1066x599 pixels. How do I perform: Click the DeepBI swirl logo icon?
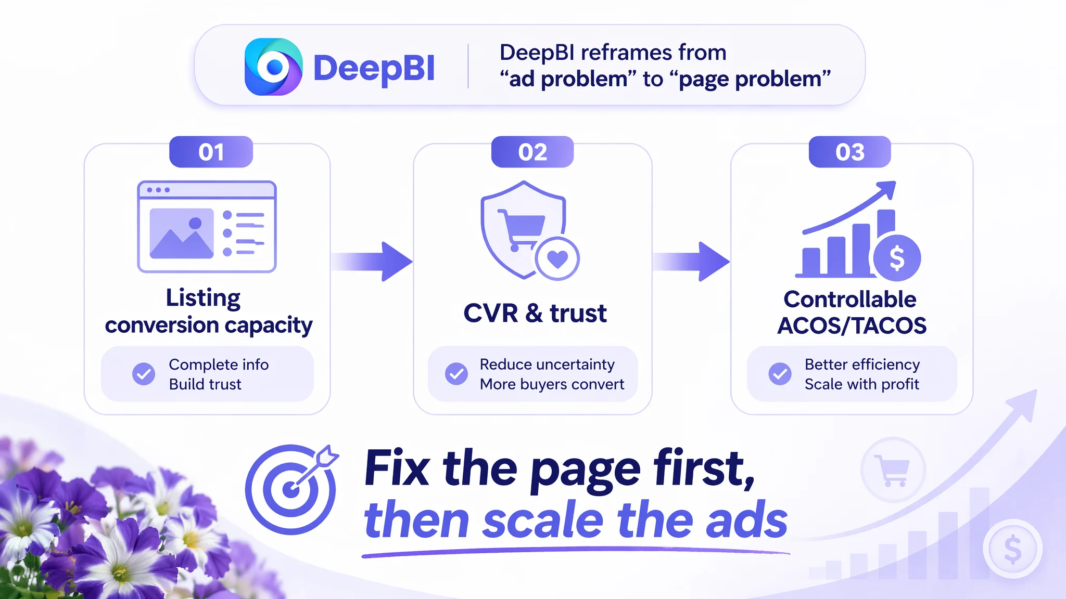273,67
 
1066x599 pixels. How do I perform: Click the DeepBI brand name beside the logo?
374,68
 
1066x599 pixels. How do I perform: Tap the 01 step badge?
211,152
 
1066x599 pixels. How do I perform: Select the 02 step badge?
532,152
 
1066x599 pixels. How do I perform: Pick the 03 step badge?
849,152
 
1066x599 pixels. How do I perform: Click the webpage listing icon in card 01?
207,226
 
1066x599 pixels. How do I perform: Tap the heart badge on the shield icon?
557,258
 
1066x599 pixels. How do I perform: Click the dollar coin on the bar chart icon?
897,258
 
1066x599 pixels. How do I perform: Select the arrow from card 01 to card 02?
372,261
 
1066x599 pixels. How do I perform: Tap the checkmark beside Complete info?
144,374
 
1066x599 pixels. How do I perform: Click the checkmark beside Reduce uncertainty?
456,374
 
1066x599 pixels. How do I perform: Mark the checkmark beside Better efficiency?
780,374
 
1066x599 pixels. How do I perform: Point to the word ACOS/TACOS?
852,325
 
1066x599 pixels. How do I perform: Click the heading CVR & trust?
535,313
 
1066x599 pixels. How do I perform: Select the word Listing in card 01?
203,298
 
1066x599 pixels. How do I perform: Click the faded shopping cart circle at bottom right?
893,470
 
